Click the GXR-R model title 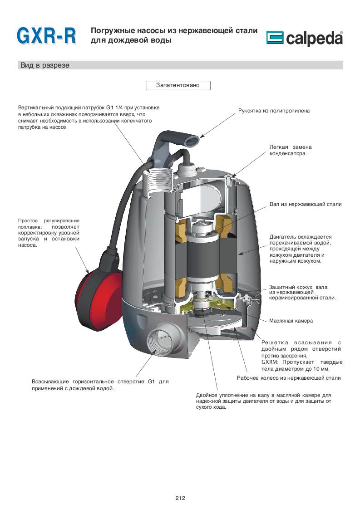click(x=46, y=36)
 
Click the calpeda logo click(x=304, y=39)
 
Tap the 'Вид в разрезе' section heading click(x=44, y=65)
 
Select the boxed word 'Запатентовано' click(x=178, y=85)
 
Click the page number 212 click(x=180, y=498)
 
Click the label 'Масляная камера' click(x=291, y=321)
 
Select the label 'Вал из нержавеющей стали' click(x=305, y=205)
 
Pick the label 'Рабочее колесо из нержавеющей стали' click(x=289, y=378)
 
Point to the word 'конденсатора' click(x=288, y=153)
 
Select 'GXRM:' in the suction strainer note click(x=271, y=362)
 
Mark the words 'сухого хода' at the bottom click(x=211, y=407)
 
